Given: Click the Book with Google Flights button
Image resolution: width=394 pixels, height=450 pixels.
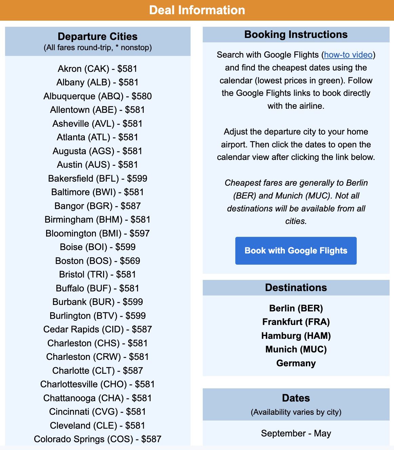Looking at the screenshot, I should click(x=296, y=251).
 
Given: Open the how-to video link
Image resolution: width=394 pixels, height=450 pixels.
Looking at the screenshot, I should click(x=348, y=55).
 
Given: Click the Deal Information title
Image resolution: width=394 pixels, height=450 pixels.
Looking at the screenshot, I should click(x=197, y=10).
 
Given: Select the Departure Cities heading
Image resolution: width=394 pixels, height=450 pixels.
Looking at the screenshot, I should click(x=98, y=37).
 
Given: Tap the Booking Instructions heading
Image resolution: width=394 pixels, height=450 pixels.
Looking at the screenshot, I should click(x=296, y=35).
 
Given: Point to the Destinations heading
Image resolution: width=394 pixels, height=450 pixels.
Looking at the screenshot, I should click(x=296, y=288).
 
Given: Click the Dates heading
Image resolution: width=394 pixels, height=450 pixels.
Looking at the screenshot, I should click(x=296, y=398).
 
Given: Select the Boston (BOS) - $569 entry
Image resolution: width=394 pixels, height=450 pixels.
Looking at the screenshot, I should click(x=98, y=261).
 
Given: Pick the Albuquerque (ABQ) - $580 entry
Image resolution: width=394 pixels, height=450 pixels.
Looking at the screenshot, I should click(x=98, y=96).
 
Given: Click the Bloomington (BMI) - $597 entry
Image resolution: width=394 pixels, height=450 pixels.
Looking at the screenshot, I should click(x=98, y=233).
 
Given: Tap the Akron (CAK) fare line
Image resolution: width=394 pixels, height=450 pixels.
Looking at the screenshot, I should click(x=98, y=69).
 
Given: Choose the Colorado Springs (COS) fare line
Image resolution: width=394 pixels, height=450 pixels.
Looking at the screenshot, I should click(x=98, y=439).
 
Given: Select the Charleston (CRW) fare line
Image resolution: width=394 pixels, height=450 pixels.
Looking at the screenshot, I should click(x=98, y=357).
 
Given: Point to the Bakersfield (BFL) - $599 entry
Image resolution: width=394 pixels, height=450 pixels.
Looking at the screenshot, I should click(x=98, y=179).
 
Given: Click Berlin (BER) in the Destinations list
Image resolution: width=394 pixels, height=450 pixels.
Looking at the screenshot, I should click(x=296, y=308).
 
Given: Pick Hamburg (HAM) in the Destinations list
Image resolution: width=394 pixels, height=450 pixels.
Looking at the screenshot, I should click(x=296, y=336).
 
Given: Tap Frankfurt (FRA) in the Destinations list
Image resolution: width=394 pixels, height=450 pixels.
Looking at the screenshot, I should click(x=296, y=322).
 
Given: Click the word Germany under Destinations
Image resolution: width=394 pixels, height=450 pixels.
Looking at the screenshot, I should click(x=296, y=363).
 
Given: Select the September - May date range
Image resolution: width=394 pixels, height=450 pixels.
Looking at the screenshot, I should click(x=296, y=433).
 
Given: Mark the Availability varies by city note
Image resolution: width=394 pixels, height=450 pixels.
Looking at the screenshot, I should click(x=296, y=412).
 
